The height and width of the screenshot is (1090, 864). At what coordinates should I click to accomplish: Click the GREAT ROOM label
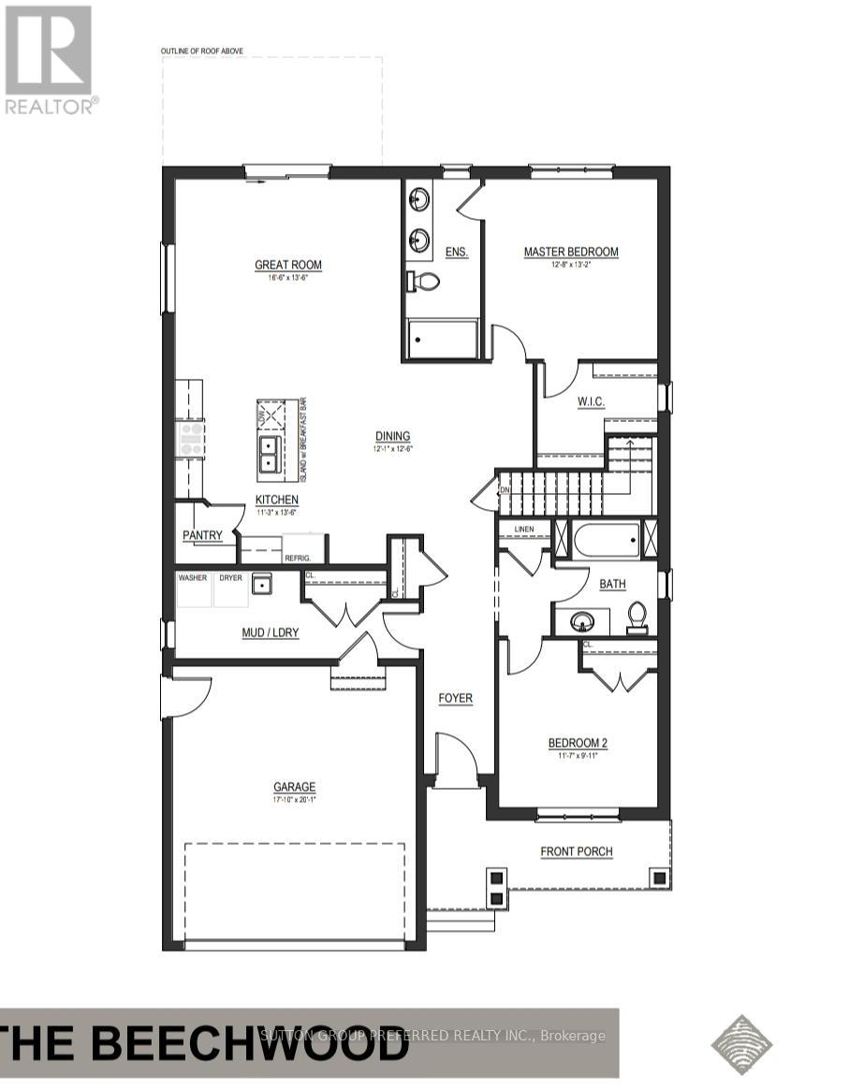(288, 265)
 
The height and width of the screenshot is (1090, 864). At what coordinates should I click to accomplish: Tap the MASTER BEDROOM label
(571, 252)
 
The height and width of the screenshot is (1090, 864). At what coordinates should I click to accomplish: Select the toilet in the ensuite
(427, 281)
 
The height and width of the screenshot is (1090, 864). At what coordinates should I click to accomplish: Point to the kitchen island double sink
(269, 454)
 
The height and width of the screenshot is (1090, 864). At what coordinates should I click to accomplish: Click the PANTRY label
(203, 535)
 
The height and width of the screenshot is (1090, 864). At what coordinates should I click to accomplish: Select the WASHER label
(192, 578)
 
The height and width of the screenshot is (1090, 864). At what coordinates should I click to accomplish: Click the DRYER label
(230, 578)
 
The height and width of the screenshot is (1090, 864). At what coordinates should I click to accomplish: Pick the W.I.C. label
(591, 401)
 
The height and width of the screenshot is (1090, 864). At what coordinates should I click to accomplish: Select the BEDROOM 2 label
(578, 744)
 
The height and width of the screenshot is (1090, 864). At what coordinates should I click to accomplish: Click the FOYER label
(456, 698)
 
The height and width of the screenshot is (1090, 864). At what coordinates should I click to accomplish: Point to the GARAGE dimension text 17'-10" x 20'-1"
(295, 800)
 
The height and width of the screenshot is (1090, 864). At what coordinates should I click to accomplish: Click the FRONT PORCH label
(577, 851)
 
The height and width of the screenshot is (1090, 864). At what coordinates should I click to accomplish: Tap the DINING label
(393, 436)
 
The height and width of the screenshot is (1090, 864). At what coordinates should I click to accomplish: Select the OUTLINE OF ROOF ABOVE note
(203, 50)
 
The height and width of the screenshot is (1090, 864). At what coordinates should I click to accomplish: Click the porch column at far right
(659, 878)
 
